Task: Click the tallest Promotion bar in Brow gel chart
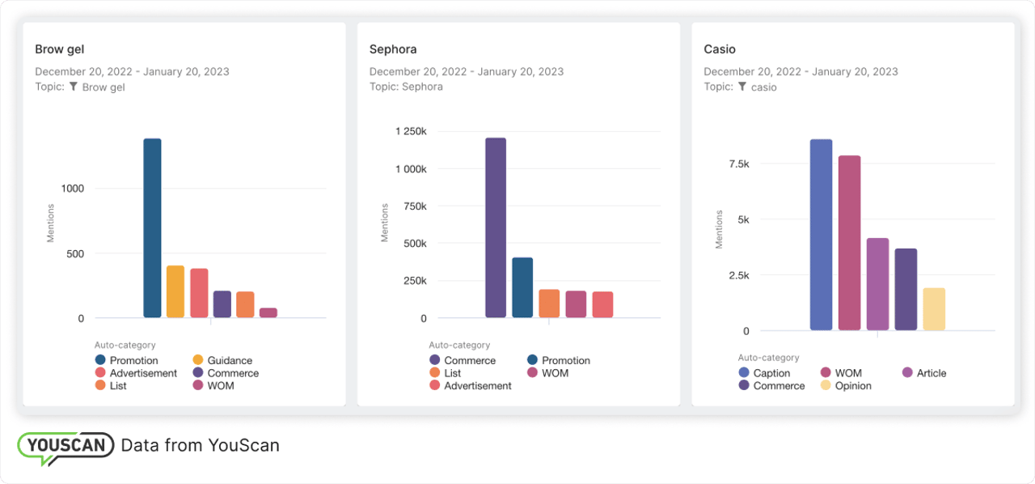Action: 152,228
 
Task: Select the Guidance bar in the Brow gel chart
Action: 175,291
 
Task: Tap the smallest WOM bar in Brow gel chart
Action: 268,312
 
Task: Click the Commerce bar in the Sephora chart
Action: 496,228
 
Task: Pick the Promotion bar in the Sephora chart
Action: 522,287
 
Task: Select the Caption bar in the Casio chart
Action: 821,235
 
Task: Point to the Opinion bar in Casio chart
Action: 934,309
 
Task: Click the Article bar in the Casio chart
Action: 877,284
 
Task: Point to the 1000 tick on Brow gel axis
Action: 72,189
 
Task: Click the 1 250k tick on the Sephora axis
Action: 411,131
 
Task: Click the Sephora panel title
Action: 393,49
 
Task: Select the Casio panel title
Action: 720,49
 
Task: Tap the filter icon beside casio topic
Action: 741,87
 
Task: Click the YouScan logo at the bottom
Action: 65,447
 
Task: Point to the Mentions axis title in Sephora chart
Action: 385,223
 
